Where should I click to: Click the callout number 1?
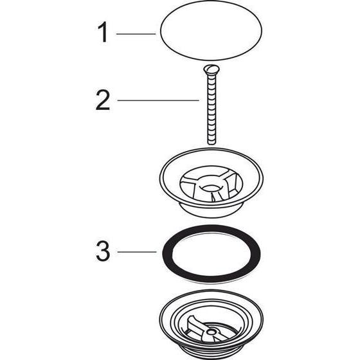click(103, 32)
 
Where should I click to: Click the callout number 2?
click(103, 100)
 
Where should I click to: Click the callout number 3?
click(103, 251)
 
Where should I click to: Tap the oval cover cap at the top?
click(211, 31)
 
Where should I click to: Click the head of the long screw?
click(212, 69)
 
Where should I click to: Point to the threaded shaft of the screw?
click(212, 108)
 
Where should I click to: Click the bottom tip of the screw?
click(212, 143)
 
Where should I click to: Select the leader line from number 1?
click(136, 34)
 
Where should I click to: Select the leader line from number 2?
click(158, 100)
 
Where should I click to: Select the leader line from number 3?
click(137, 252)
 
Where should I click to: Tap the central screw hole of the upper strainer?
click(211, 188)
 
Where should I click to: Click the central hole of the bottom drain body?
click(211, 332)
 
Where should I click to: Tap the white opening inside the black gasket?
click(211, 254)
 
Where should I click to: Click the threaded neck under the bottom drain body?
click(211, 353)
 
